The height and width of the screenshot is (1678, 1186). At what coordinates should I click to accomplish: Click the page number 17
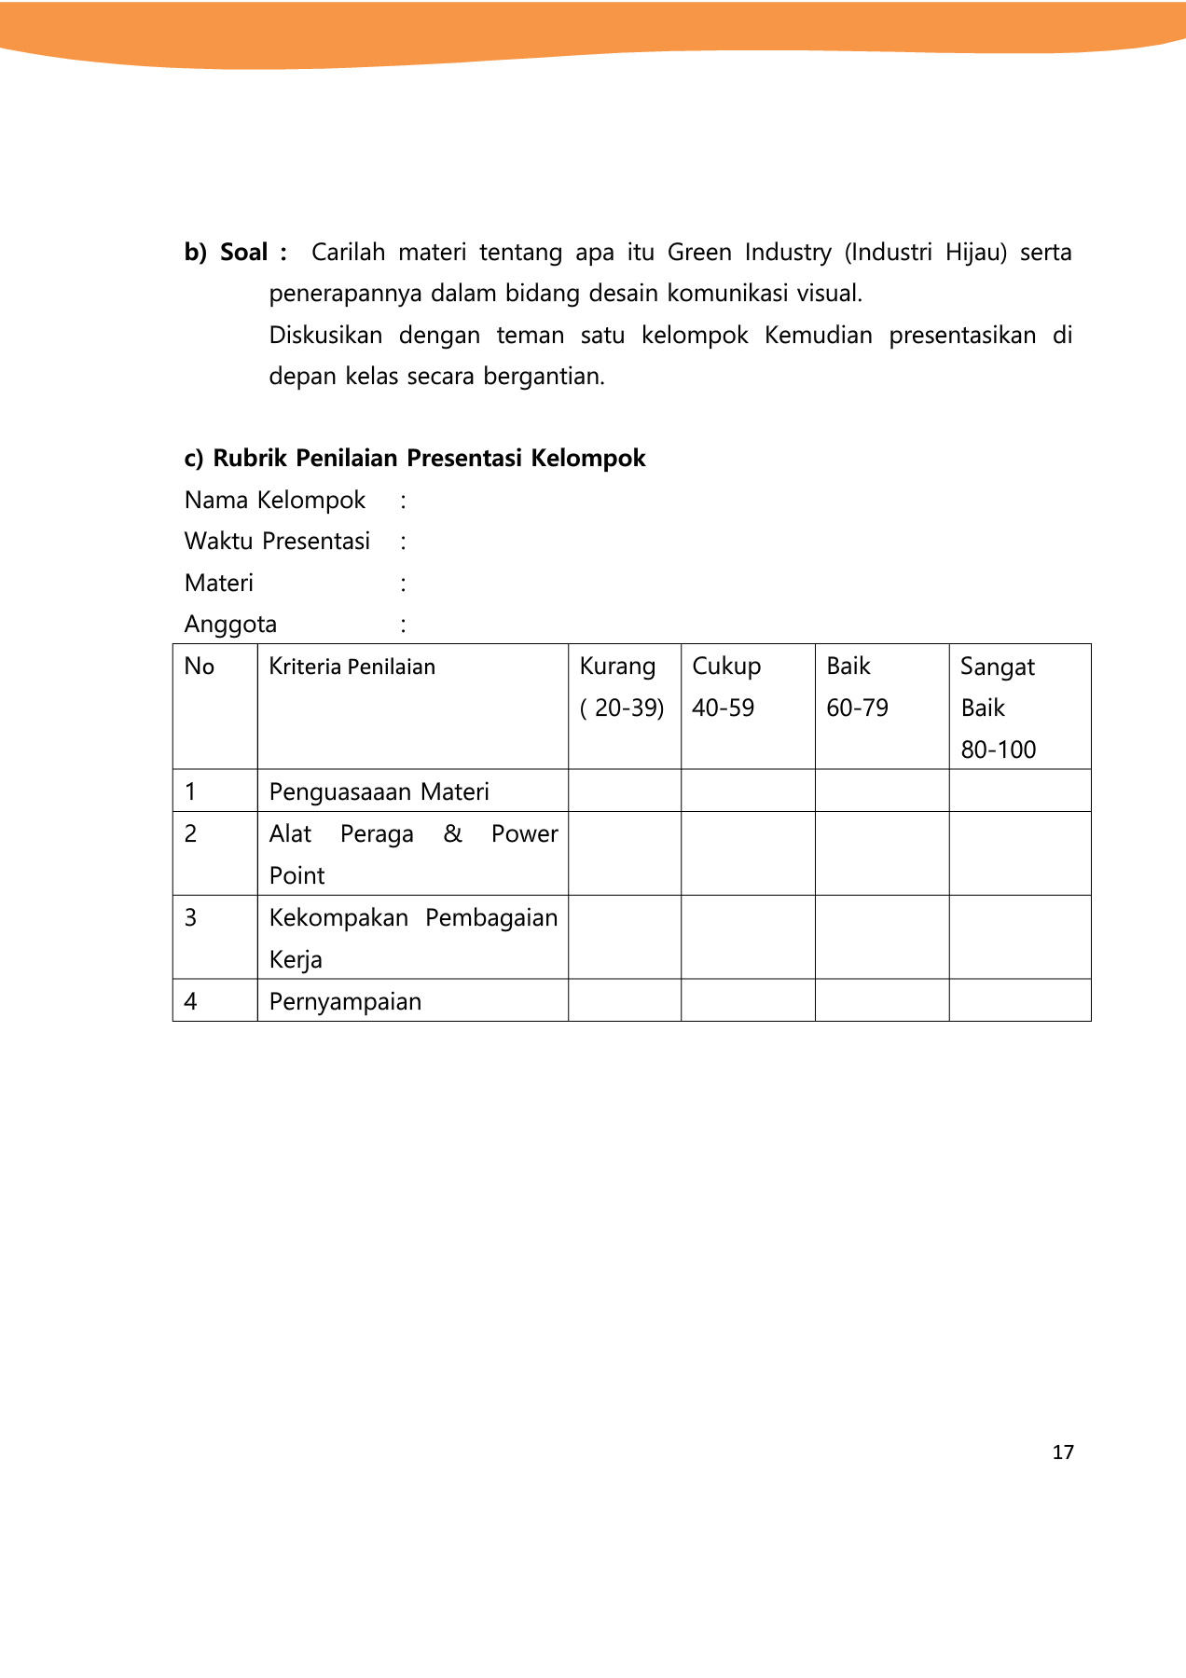[1063, 1451]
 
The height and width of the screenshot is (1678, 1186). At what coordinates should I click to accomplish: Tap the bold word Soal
[243, 253]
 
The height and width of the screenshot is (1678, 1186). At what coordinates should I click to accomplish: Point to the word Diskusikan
[325, 336]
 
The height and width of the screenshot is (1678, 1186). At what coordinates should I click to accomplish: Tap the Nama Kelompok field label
[275, 501]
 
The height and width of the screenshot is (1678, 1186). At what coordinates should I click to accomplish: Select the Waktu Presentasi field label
[277, 542]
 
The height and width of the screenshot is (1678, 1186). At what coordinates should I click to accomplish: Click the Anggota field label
[230, 625]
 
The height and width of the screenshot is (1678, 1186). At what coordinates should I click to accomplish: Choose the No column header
[200, 667]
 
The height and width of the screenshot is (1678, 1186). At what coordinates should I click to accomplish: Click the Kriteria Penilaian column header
[352, 667]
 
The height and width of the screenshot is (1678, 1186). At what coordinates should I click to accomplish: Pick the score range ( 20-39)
[622, 708]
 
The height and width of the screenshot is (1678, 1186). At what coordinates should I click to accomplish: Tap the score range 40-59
[723, 708]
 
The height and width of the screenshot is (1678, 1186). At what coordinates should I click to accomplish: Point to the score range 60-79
[857, 708]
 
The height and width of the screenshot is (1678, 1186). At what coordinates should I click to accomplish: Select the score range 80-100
[998, 750]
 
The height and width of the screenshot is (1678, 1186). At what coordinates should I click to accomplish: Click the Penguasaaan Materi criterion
[379, 791]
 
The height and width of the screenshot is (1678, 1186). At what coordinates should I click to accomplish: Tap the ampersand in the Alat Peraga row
[453, 833]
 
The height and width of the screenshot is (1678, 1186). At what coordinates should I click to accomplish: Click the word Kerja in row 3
[296, 959]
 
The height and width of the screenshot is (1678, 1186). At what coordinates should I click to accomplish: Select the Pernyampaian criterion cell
[345, 1001]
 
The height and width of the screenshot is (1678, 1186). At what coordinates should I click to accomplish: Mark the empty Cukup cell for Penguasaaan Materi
[748, 791]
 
